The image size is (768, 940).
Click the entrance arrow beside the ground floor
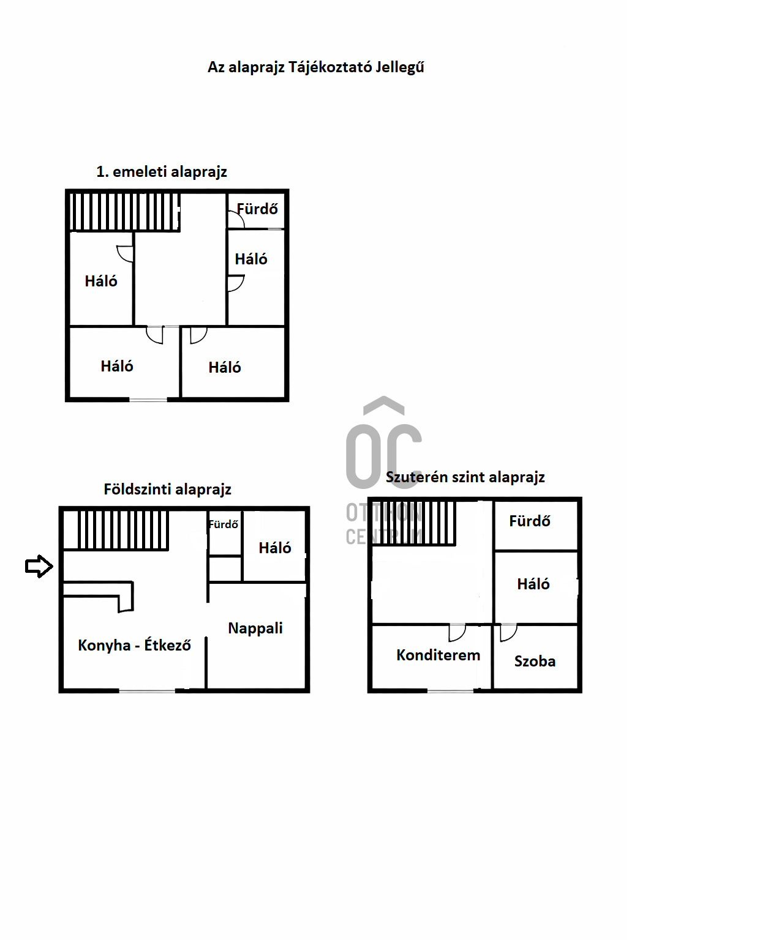pyautogui.click(x=39, y=566)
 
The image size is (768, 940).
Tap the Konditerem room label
pyautogui.click(x=438, y=655)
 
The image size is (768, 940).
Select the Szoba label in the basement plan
pyautogui.click(x=535, y=662)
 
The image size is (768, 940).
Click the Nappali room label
pyautogui.click(x=255, y=629)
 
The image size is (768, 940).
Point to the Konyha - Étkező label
pyautogui.click(x=134, y=645)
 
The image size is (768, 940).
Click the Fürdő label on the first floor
pyautogui.click(x=257, y=209)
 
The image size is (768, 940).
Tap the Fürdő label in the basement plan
pyautogui.click(x=529, y=521)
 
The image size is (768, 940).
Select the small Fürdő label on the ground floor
pyautogui.click(x=223, y=524)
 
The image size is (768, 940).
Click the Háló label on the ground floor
pyautogui.click(x=274, y=548)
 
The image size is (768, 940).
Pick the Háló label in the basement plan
pyautogui.click(x=533, y=584)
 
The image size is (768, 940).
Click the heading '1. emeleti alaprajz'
pyautogui.click(x=162, y=172)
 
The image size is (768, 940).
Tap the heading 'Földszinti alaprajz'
pyautogui.click(x=167, y=490)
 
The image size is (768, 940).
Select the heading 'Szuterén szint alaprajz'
pyautogui.click(x=465, y=477)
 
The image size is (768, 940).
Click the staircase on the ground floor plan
pyautogui.click(x=115, y=530)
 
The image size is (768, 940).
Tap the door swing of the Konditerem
pyautogui.click(x=457, y=632)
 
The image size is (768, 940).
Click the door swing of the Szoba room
pyautogui.click(x=508, y=632)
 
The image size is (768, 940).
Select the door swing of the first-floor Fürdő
pyautogui.click(x=236, y=218)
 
